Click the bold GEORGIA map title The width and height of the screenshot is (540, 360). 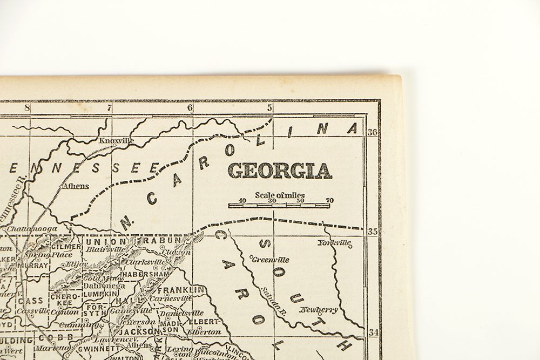click(279, 170)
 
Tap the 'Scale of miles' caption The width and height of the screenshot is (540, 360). click(279, 195)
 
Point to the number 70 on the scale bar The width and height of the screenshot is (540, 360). click(329, 201)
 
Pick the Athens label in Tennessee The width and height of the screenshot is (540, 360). click(76, 186)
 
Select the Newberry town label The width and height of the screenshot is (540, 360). click(319, 310)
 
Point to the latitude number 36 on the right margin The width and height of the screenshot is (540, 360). click(373, 132)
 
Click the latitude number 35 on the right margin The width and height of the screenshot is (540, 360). click(373, 232)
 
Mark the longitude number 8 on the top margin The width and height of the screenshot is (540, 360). click(26, 108)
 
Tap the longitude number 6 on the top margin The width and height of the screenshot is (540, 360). click(190, 108)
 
